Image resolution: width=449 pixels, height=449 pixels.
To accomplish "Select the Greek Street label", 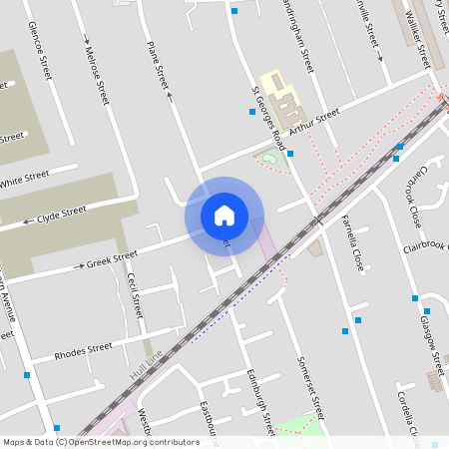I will pos(111,260).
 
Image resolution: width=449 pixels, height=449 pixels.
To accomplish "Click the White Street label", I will pos(25,181).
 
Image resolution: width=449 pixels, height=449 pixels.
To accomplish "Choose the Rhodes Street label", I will pos(83,351).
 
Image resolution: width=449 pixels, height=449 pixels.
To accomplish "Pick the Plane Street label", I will pos(159,64).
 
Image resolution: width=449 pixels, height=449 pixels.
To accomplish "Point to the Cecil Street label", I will pos(135,296).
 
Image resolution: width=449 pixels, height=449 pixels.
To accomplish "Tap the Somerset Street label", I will pos(311,387).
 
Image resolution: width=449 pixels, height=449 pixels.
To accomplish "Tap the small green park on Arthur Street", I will pos(266,157).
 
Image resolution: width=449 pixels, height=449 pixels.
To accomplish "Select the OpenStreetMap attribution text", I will pos(100,442).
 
